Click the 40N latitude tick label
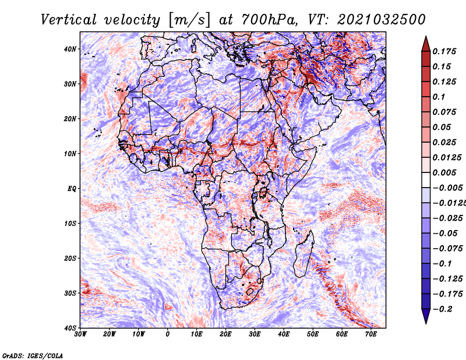coord(70,49)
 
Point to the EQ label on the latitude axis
coord(72,189)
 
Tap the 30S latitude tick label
coord(70,293)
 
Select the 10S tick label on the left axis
coord(70,223)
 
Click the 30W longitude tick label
coord(80,334)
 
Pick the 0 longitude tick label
coord(168,334)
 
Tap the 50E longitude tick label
coord(313,334)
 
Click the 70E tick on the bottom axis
coord(371,334)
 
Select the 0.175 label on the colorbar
coord(444,51)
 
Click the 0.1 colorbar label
coord(439,97)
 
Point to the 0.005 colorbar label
coord(444,172)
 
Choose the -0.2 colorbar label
coord(443,309)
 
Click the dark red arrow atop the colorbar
coord(426,44)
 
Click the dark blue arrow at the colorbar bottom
coord(426,316)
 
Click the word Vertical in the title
coord(69,20)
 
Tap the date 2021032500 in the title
coord(382,20)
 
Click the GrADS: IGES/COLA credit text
coord(33,355)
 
